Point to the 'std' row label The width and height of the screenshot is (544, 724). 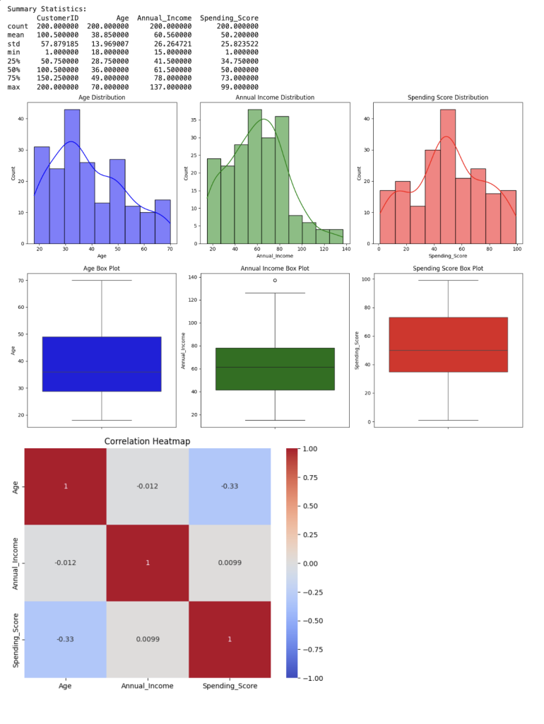click(13, 43)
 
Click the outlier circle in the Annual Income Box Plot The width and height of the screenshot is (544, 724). click(275, 280)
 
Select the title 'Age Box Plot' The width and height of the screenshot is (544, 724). click(102, 269)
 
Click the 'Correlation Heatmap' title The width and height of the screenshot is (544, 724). click(147, 441)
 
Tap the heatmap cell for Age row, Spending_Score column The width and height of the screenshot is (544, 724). click(230, 486)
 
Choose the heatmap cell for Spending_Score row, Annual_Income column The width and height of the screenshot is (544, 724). click(147, 639)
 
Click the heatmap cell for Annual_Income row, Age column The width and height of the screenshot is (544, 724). click(65, 563)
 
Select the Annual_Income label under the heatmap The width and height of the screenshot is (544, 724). click(147, 686)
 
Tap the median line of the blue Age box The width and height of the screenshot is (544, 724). click(102, 372)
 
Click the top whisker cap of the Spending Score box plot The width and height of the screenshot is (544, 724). click(448, 281)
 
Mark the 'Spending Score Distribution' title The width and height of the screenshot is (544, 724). click(448, 98)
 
